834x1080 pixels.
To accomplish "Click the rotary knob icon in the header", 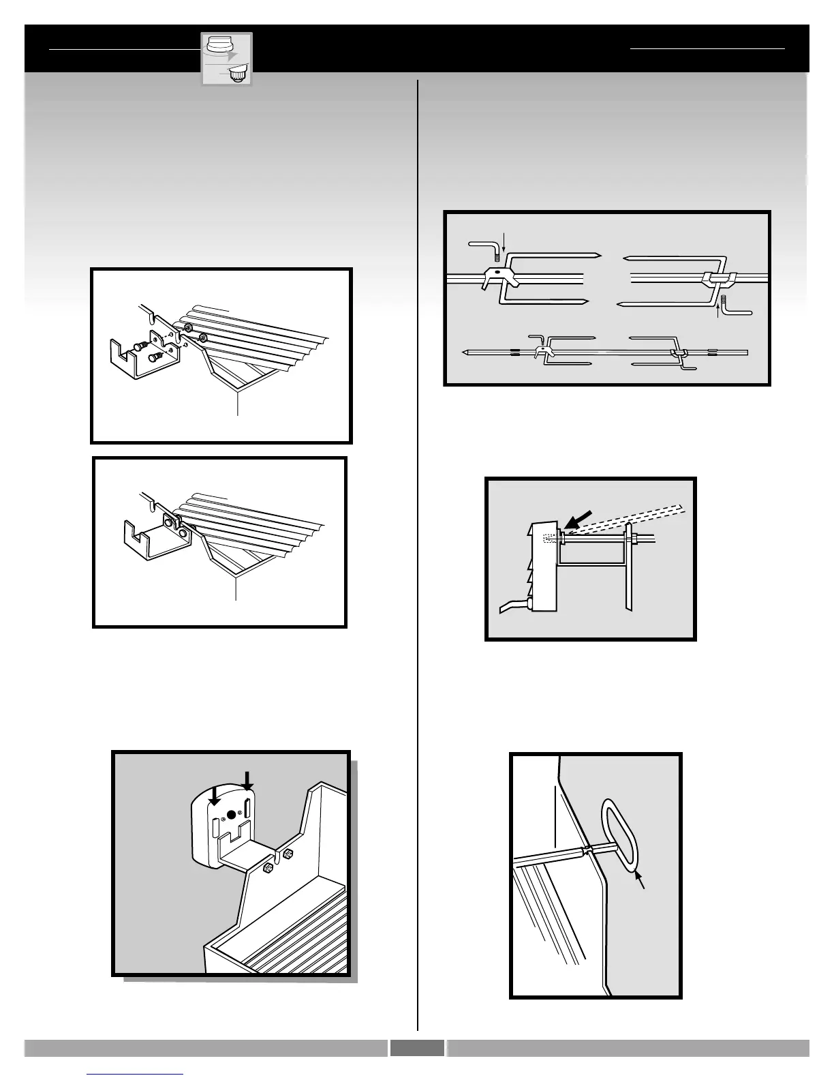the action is click(x=226, y=59).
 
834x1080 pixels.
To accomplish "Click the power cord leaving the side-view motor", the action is click(x=512, y=605).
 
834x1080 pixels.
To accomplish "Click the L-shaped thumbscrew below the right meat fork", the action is click(x=735, y=305).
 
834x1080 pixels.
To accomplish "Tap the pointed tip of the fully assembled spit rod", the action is click(x=465, y=353).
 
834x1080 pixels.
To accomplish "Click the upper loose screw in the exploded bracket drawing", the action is click(x=140, y=346).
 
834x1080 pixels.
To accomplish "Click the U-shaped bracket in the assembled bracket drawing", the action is click(x=146, y=537).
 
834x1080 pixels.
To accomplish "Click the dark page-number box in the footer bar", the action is click(x=417, y=1048).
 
